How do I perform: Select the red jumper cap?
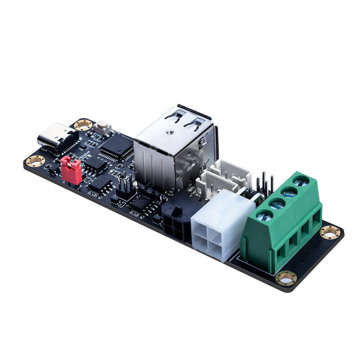pos(72,170)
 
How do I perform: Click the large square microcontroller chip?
pos(117,145)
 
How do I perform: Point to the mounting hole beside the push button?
pos(83,125)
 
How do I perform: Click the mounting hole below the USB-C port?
pos(35,161)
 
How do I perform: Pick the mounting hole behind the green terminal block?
pos(330,232)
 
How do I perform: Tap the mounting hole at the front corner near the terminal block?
pos(286,279)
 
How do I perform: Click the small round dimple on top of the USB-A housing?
pos(170,133)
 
